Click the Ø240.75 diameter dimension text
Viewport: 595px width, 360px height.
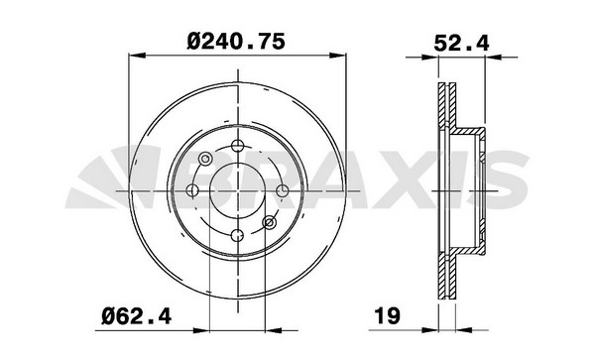pyautogui.click(x=238, y=41)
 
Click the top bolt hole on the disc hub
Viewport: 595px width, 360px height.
pyautogui.click(x=238, y=147)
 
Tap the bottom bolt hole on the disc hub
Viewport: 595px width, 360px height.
pyautogui.click(x=238, y=234)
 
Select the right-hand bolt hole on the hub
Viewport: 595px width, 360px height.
pyautogui.click(x=282, y=190)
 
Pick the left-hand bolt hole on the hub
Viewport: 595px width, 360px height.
pyautogui.click(x=194, y=190)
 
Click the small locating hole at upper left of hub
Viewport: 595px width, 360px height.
pyautogui.click(x=206, y=159)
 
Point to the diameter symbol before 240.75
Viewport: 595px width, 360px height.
pyautogui.click(x=197, y=41)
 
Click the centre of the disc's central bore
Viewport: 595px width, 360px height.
pyautogui.click(x=238, y=190)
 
